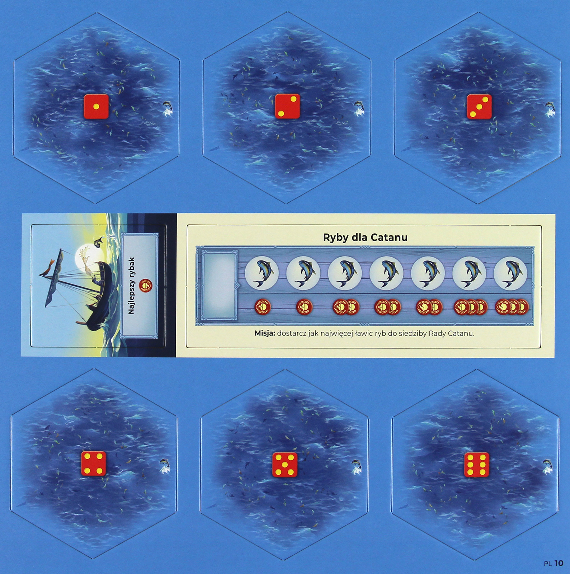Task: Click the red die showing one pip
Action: tap(96, 106)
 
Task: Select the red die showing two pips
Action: tap(287, 106)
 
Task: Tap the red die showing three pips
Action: tap(479, 106)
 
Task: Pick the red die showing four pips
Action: tap(94, 464)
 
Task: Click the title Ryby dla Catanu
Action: tap(365, 237)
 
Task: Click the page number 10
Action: tap(559, 563)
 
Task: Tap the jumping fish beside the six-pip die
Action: tap(548, 466)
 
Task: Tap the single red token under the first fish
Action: tap(262, 307)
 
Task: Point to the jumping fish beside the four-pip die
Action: tap(166, 466)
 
